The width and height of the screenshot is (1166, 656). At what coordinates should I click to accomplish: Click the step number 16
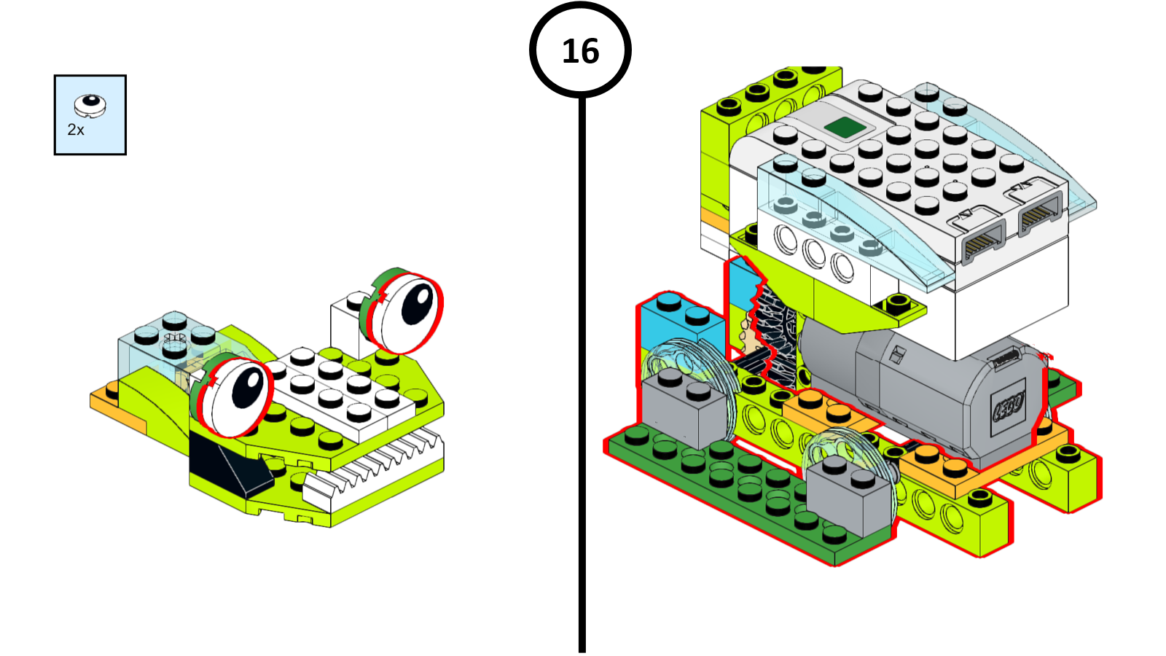point(580,51)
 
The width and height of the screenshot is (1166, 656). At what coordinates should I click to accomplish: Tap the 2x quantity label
point(76,130)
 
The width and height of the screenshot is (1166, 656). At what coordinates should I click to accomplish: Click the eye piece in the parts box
point(90,105)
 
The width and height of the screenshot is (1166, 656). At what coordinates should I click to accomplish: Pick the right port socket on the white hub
point(1039,213)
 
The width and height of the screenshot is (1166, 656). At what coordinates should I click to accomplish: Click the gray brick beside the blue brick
point(681,412)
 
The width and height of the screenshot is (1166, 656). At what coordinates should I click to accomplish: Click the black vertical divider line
point(582,364)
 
